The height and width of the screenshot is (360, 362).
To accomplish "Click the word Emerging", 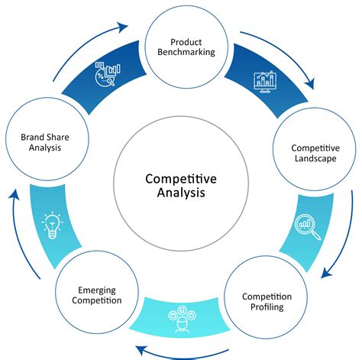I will pyautogui.click(x=96, y=289).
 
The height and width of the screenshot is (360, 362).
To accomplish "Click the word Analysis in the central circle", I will pyautogui.click(x=180, y=193).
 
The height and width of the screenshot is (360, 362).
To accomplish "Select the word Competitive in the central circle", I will pyautogui.click(x=180, y=178).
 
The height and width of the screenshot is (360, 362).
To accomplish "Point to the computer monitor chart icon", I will pyautogui.click(x=263, y=83).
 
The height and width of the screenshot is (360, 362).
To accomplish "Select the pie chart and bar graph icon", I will pyautogui.click(x=105, y=74).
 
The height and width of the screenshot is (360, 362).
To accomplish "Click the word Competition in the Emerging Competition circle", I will pyautogui.click(x=96, y=300).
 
